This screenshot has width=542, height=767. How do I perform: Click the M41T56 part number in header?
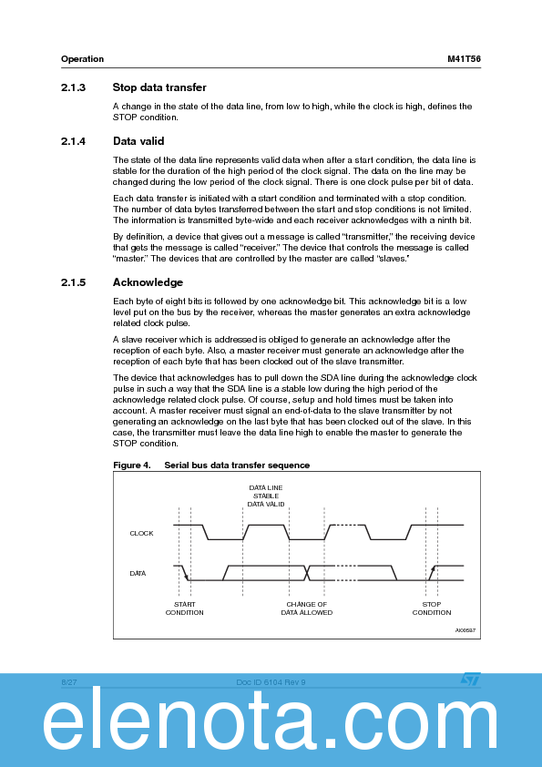tap(464, 59)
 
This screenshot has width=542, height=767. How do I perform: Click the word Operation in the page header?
tap(82, 59)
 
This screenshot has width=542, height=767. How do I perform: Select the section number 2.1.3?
tap(73, 87)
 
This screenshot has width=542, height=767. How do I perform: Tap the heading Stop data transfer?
tap(159, 87)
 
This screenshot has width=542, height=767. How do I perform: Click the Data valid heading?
tap(138, 141)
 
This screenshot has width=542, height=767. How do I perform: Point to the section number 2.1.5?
tap(73, 282)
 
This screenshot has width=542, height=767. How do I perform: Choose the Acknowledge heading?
tap(148, 282)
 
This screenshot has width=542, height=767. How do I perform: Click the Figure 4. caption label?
tap(131, 465)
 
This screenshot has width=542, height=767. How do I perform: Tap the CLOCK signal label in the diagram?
tap(141, 533)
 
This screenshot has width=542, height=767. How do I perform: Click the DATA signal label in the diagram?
tap(138, 573)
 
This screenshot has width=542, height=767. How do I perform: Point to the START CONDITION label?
tap(184, 608)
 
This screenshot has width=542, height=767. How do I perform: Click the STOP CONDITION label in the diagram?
tap(431, 608)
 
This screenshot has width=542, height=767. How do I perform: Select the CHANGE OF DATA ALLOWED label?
tap(306, 608)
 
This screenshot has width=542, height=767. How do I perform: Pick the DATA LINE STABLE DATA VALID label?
tap(266, 496)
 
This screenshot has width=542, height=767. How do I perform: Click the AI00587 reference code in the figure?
tap(465, 630)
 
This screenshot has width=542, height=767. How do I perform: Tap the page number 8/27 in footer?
tap(68, 681)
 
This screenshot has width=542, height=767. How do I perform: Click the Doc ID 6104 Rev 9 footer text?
tap(271, 681)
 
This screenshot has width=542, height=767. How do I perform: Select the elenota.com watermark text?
tap(271, 726)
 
